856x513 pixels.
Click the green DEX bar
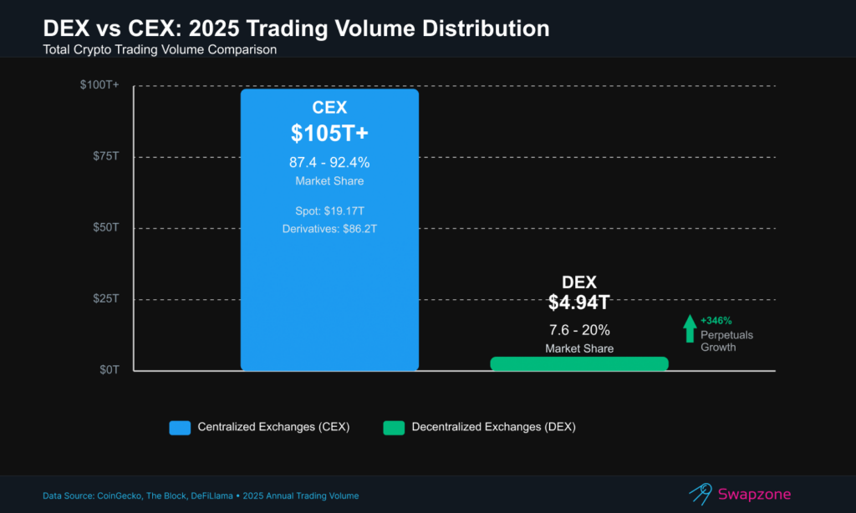(579, 363)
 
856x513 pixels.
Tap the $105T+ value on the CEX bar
(329, 133)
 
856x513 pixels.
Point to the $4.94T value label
(578, 302)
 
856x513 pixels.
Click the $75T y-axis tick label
(107, 156)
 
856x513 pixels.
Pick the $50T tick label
(107, 227)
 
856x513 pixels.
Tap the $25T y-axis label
(107, 298)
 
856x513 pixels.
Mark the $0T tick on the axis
(110, 369)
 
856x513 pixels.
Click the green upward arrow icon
(689, 328)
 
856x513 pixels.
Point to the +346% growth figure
(716, 320)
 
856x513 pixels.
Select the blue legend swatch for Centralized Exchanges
(180, 427)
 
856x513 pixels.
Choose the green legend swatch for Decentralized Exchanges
(394, 427)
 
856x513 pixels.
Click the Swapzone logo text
(755, 494)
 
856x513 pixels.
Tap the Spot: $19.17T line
(329, 211)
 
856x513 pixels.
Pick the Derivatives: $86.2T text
(329, 228)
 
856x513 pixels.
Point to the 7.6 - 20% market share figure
(578, 331)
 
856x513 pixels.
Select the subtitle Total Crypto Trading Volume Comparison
(160, 50)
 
